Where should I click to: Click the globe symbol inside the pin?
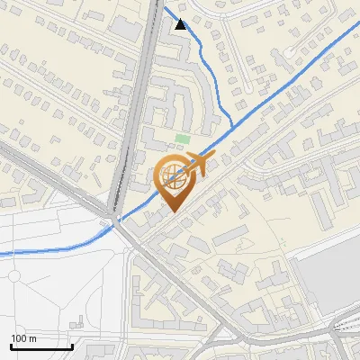tap(174, 175)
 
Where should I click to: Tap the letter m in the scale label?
tap(32, 339)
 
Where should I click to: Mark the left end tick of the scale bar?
tap(11, 346)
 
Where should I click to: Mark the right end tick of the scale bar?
tap(72, 346)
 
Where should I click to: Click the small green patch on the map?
tap(183, 139)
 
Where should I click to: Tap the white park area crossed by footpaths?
tap(63, 288)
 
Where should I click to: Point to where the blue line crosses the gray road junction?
tap(115, 220)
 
